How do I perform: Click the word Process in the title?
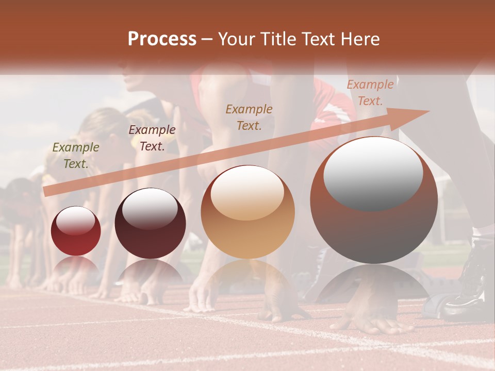(162, 39)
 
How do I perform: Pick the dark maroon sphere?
(150, 224)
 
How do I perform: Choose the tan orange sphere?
(248, 212)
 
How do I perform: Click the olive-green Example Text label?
(76, 155)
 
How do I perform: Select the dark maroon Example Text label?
(152, 138)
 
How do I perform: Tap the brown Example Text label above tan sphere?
(249, 117)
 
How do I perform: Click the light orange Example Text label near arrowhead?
(370, 92)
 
